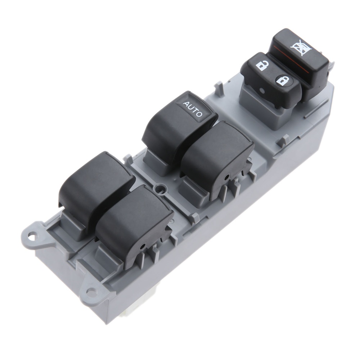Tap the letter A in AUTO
click(185, 104)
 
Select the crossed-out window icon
click(298, 47)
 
